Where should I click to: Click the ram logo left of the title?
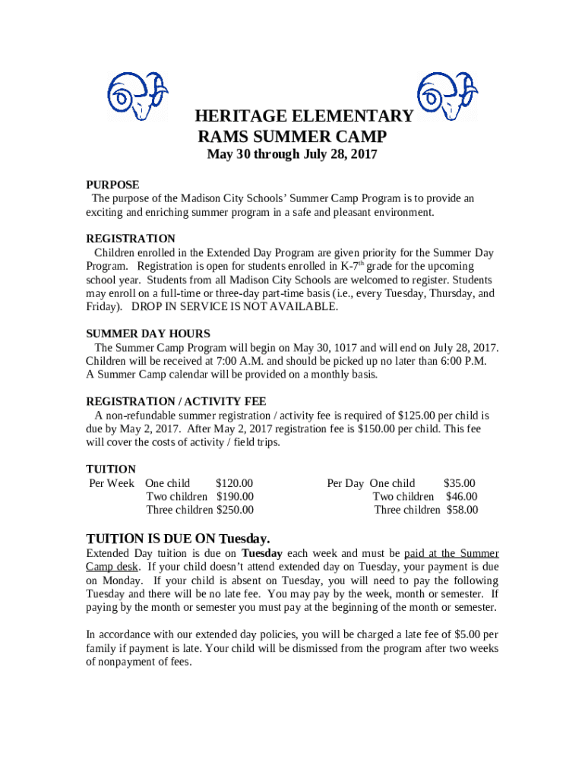pyautogui.click(x=137, y=96)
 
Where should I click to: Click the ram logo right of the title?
pyautogui.click(x=447, y=96)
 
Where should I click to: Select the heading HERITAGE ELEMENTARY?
pyautogui.click(x=304, y=116)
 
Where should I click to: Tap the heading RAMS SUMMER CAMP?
pyautogui.click(x=292, y=137)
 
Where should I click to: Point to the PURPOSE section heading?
pyautogui.click(x=112, y=185)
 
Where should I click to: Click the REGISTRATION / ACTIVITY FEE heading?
pyautogui.click(x=176, y=401)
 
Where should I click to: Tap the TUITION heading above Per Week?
pyautogui.click(x=111, y=469)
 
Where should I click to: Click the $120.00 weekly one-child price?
pyautogui.click(x=234, y=483)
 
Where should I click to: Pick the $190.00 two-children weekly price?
pyautogui.click(x=235, y=497)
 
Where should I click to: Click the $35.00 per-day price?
pyautogui.click(x=459, y=483)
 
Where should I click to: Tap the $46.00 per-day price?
pyautogui.click(x=461, y=497)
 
